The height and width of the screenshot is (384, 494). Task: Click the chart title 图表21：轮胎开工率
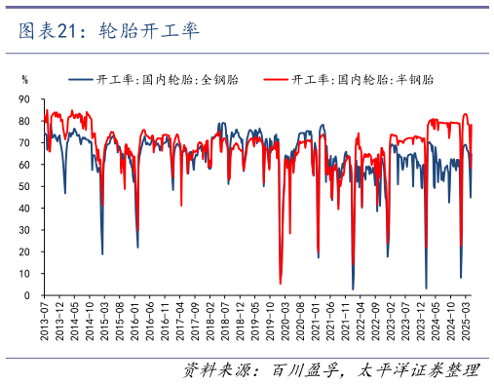click(x=109, y=31)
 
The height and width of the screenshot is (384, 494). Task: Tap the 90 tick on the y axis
click(x=24, y=99)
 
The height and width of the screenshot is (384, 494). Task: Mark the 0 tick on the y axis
click(x=27, y=295)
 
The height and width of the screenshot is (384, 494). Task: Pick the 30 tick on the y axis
click(x=24, y=230)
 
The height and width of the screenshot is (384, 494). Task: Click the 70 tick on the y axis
click(x=24, y=143)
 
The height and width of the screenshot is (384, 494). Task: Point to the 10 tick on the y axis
click(x=24, y=274)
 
